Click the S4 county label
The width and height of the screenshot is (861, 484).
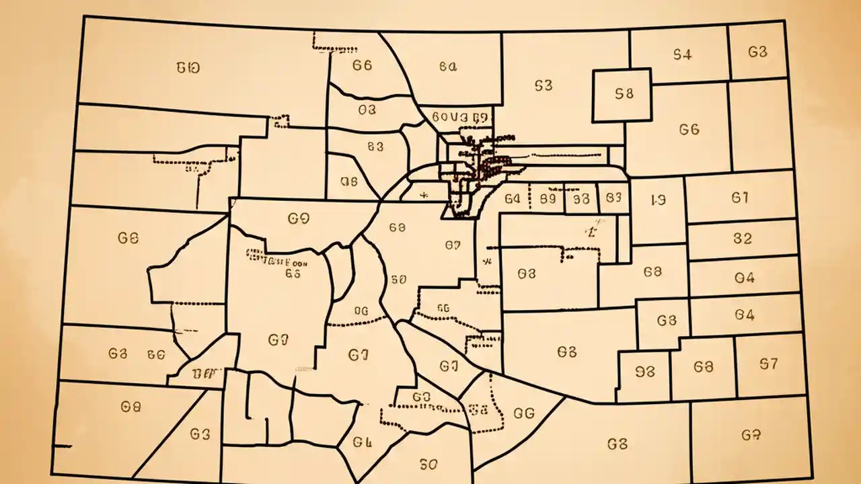point(682,55)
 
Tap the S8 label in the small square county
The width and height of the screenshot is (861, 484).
point(624,95)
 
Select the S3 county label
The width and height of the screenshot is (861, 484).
point(544,85)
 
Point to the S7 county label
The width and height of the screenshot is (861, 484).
point(768,364)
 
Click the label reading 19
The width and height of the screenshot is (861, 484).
point(658,200)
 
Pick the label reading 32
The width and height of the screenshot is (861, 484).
point(742,238)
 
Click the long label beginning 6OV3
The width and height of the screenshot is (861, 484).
point(459,117)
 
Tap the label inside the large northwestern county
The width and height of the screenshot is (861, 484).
point(188,67)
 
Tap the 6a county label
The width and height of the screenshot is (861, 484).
point(448,67)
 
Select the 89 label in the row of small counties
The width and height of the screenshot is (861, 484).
point(548,199)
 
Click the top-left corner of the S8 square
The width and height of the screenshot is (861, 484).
point(593,71)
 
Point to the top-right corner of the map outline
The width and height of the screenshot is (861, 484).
point(784,22)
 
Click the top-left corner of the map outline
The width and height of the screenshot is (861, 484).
point(83,17)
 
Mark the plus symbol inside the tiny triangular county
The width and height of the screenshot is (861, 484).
point(423,196)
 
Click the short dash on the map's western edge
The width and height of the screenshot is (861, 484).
point(63,445)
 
